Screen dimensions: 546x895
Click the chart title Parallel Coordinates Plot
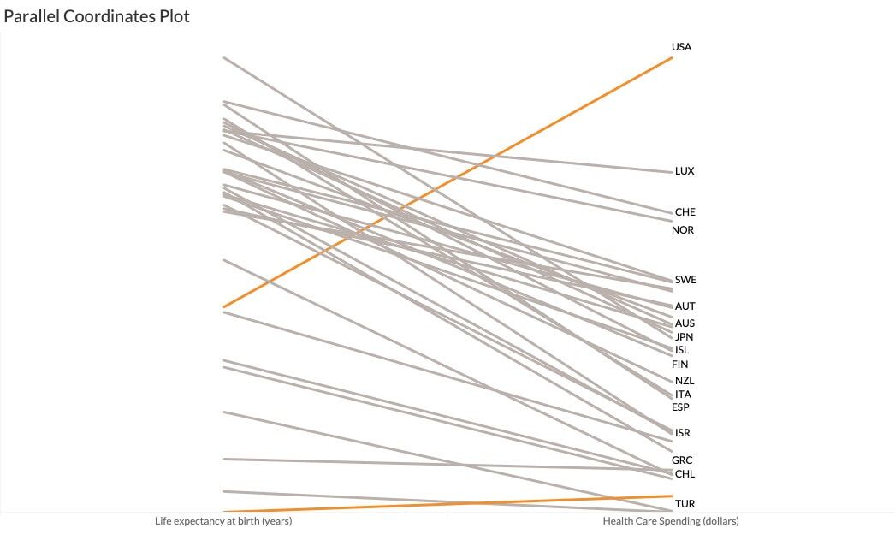97,16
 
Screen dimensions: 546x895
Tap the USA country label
681,47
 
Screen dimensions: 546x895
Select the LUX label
685,171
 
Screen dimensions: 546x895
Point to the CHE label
685,212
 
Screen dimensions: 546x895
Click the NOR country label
683,230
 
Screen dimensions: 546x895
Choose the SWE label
685,280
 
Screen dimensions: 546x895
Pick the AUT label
685,306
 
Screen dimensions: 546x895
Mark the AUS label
685,323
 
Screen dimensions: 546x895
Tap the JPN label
684,337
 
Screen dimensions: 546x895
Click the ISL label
681,350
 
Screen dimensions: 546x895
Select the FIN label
680,365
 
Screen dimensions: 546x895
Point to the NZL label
685,381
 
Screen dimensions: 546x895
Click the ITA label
683,395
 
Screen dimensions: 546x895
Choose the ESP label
680,407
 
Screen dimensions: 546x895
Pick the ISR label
682,433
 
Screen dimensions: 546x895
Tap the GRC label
682,460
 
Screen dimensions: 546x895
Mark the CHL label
685,474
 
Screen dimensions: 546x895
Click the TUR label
685,504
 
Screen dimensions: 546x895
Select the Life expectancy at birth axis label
223,521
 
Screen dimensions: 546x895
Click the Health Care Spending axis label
671,521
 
